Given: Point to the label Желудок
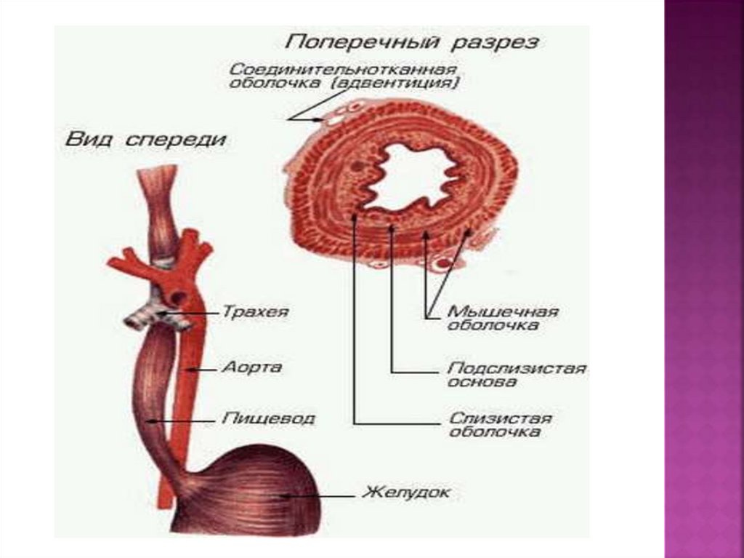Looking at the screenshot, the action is [x=407, y=493].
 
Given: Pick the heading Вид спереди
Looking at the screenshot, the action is [x=146, y=139].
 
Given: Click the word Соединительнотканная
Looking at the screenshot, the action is [x=342, y=69].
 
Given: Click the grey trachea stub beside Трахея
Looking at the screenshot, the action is [x=142, y=318].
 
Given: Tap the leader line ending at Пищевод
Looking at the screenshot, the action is [x=193, y=421].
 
